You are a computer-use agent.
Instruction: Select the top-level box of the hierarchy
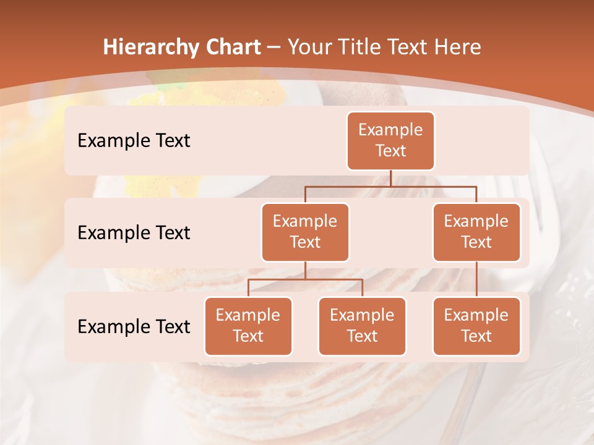click(x=390, y=141)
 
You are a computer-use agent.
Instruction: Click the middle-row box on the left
click(x=305, y=232)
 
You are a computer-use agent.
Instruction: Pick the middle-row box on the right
click(x=476, y=232)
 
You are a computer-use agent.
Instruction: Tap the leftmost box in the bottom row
click(x=248, y=326)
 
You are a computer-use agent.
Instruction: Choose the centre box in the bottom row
click(x=362, y=326)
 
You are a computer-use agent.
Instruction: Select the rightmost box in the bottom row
click(x=476, y=326)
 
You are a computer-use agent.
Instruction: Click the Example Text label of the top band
click(x=134, y=141)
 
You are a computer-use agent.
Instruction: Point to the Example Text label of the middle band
click(x=134, y=233)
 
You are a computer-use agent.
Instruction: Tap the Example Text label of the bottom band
click(x=134, y=326)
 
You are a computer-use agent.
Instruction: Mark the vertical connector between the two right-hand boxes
click(x=476, y=279)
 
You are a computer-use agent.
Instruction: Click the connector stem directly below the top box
click(x=390, y=178)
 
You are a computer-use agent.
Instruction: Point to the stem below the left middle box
click(x=305, y=271)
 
